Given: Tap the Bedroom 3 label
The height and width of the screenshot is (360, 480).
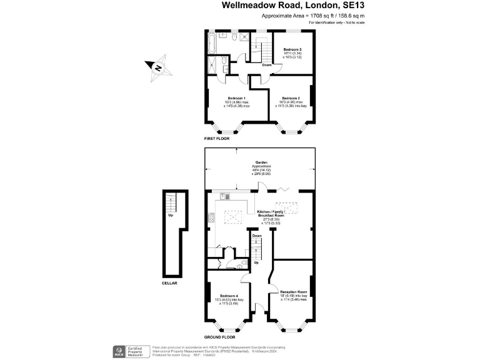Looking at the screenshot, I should [292, 49].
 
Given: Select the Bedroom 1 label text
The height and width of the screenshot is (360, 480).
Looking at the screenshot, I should [236, 99].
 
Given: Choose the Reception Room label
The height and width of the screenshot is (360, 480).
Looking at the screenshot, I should [293, 292].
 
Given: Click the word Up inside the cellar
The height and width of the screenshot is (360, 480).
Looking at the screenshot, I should [171, 215].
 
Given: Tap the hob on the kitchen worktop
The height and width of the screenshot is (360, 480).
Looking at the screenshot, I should [211, 218].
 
